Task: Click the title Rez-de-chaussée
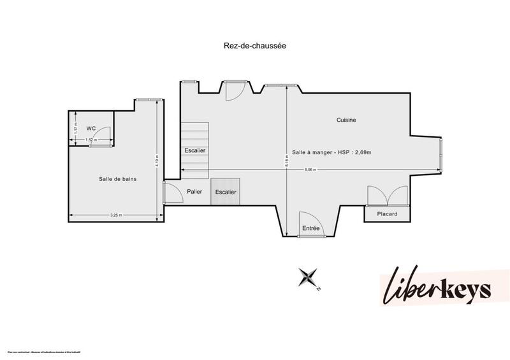[254, 46]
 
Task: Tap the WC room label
[91, 128]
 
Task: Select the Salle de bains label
[117, 179]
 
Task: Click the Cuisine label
[346, 120]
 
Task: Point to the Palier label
[194, 191]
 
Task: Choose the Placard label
[387, 214]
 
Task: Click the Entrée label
[310, 227]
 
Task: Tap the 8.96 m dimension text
[310, 169]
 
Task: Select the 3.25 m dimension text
[115, 215]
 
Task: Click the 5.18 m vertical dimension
[287, 162]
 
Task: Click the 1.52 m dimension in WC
[91, 140]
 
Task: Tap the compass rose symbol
[309, 277]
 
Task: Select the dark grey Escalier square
[225, 192]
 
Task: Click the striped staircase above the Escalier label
[194, 134]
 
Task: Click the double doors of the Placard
[387, 195]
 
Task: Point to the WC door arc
[103, 135]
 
